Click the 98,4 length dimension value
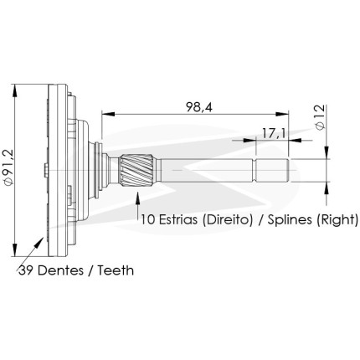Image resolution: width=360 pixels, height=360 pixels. (199, 107)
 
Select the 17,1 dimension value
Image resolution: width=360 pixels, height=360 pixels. (273, 133)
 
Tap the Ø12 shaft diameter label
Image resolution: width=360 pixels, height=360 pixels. (320, 117)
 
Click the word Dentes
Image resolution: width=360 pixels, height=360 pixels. (60, 270)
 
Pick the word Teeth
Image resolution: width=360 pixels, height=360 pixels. (116, 270)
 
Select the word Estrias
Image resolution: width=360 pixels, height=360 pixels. (177, 219)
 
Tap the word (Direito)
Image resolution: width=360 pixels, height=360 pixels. (228, 220)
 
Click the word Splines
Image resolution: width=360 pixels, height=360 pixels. (290, 220)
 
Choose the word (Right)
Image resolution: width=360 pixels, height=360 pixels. (337, 220)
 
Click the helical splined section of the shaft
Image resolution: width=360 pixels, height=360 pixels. (136, 170)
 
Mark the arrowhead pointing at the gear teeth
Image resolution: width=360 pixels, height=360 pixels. (39, 242)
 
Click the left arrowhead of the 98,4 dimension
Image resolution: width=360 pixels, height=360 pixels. (108, 114)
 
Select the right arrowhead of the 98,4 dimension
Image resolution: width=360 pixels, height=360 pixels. (281, 114)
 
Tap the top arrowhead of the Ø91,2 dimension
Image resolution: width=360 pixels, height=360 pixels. (15, 91)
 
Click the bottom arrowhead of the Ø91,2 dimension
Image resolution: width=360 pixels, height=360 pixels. (15, 249)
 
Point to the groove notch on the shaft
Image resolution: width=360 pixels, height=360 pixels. (255, 170)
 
